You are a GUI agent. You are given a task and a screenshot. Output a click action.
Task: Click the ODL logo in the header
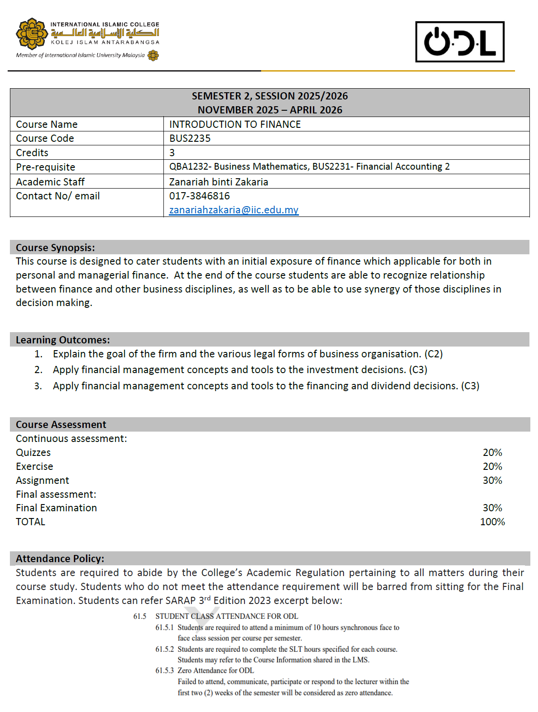(x=460, y=42)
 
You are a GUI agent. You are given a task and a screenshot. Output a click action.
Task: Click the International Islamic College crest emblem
(x=32, y=33)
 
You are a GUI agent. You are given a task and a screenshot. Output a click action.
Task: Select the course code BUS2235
(x=190, y=138)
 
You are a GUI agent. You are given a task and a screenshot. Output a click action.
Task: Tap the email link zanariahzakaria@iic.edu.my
(x=234, y=210)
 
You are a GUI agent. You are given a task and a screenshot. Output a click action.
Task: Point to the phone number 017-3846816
(x=199, y=196)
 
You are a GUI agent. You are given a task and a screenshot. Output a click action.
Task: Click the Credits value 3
(x=172, y=153)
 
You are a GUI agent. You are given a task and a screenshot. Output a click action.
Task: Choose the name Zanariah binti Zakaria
(x=218, y=182)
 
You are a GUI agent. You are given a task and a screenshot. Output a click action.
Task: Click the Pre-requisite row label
(x=45, y=167)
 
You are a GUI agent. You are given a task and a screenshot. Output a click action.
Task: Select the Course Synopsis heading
(x=55, y=248)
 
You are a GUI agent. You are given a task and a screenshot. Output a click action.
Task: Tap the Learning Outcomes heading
(x=63, y=340)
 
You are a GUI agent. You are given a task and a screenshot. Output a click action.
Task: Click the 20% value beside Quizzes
(x=492, y=452)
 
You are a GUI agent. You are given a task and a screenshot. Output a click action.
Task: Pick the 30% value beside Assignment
(x=492, y=480)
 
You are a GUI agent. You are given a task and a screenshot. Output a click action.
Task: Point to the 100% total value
(x=492, y=522)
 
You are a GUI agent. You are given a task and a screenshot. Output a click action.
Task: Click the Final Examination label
(x=56, y=508)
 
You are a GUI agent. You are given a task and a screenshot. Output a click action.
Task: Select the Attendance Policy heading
(x=60, y=559)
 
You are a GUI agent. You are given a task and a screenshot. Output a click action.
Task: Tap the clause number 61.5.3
(x=164, y=671)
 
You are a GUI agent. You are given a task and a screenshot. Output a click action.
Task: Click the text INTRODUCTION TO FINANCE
(x=235, y=124)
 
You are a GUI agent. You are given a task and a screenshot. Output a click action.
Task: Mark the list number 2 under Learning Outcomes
(x=38, y=370)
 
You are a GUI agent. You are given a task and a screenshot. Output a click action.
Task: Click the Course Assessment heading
(x=61, y=424)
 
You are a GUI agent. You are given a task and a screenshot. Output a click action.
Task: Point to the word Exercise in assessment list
(x=34, y=466)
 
